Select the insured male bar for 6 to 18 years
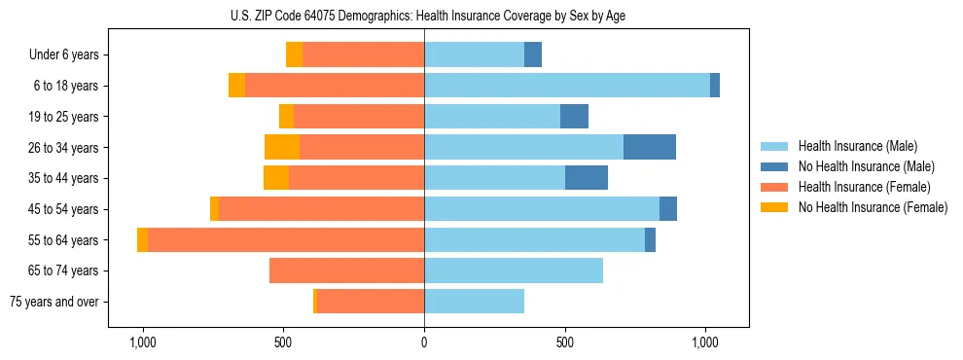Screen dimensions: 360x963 [566, 86]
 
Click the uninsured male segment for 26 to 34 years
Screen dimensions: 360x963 [649, 147]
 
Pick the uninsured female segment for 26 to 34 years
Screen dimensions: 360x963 [282, 147]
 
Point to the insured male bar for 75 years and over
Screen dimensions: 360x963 [474, 302]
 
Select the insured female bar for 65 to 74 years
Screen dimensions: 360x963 [346, 270]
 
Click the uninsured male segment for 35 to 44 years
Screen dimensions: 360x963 [586, 178]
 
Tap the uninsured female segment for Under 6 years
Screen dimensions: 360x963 [294, 54]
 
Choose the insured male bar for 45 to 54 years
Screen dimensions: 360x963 [541, 209]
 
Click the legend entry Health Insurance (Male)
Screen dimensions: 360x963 [857, 146]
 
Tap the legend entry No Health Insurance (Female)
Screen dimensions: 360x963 [872, 207]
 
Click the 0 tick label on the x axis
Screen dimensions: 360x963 [424, 342]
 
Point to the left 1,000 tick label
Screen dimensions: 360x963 [143, 342]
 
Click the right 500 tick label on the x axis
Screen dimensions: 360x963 [564, 342]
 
